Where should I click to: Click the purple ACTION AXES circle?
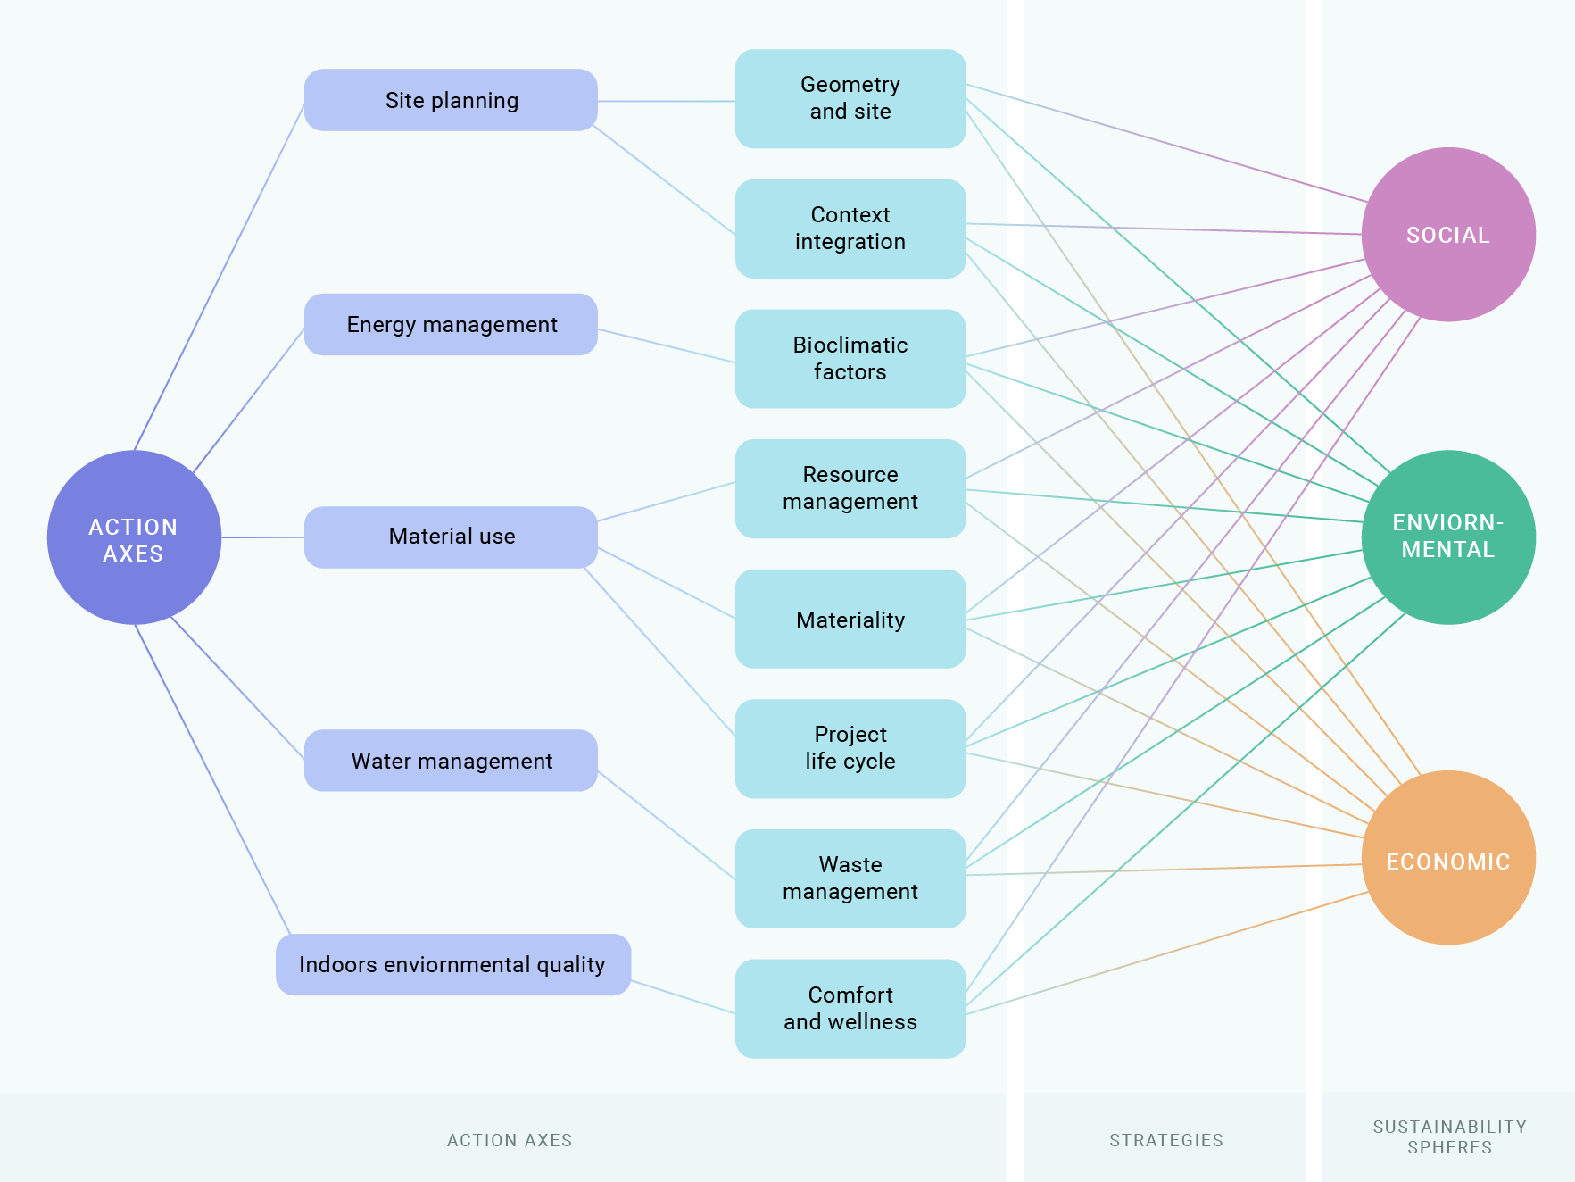pos(134,537)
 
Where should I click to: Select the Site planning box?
pos(451,100)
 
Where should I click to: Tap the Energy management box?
pos(451,324)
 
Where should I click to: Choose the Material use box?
pos(451,537)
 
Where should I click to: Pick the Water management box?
pos(451,761)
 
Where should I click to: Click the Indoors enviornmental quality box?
pos(452,964)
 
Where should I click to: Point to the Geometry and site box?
pos(850,98)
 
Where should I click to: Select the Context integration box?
pos(850,229)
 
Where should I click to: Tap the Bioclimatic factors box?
pos(850,359)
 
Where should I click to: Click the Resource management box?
pos(850,488)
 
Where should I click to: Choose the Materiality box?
pos(850,620)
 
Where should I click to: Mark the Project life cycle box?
pos(850,748)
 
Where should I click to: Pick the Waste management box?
pos(850,878)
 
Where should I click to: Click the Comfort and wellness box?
pos(850,1009)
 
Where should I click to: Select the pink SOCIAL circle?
pos(1447,235)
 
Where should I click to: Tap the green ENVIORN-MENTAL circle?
pos(1447,537)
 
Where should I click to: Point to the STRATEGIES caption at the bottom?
pos(1165,1140)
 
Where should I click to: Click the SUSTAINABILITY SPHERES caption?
pos(1449,1136)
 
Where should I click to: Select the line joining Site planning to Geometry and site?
pos(667,102)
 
